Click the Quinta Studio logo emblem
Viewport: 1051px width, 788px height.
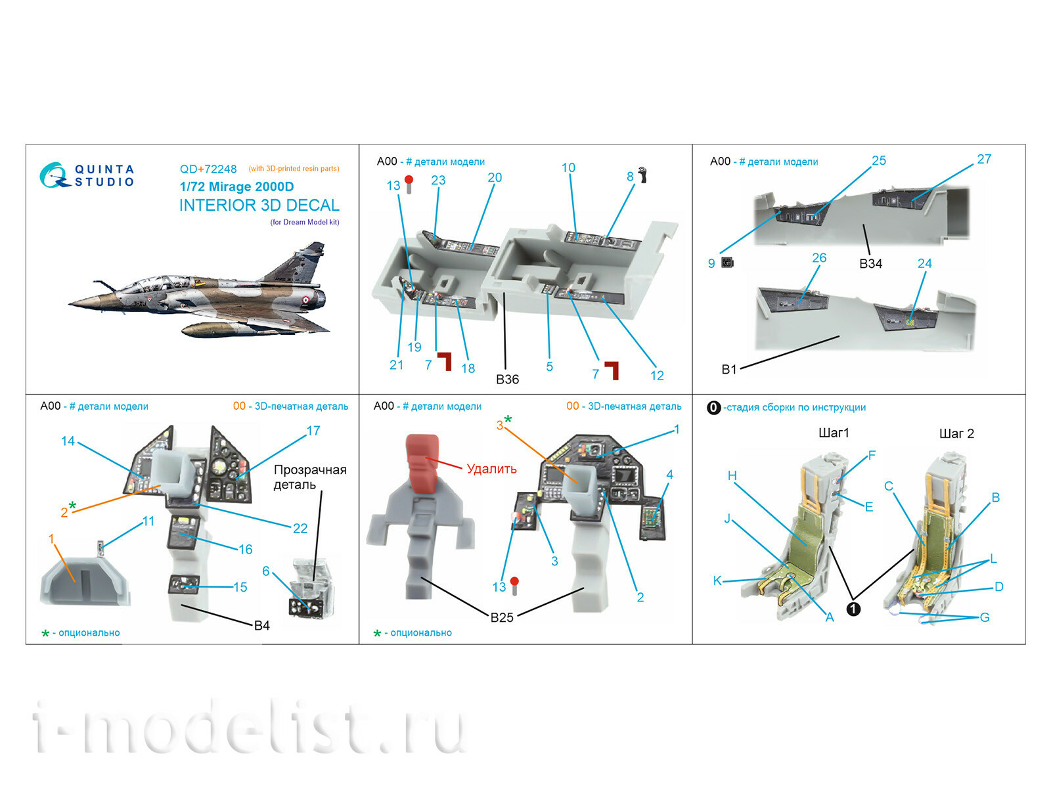pyautogui.click(x=54, y=176)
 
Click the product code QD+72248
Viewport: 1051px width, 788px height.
pyautogui.click(x=208, y=169)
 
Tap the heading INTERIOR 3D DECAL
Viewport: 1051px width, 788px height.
pyautogui.click(x=259, y=206)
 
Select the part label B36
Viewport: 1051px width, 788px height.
pyautogui.click(x=507, y=380)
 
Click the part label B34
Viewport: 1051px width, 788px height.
pyautogui.click(x=870, y=263)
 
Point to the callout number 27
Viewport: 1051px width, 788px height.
pyautogui.click(x=983, y=160)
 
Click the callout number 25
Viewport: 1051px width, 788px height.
pyautogui.click(x=878, y=161)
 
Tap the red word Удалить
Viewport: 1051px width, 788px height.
pyautogui.click(x=491, y=469)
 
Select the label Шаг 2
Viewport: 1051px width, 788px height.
pyautogui.click(x=956, y=433)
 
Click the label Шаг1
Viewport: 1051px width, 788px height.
pyautogui.click(x=834, y=433)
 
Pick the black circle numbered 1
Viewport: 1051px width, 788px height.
pyautogui.click(x=853, y=609)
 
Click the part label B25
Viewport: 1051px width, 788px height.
pyautogui.click(x=502, y=617)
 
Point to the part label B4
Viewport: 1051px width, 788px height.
pyautogui.click(x=261, y=625)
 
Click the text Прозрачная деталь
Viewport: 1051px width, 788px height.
pyautogui.click(x=310, y=477)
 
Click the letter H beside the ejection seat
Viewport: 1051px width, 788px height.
pyautogui.click(x=732, y=475)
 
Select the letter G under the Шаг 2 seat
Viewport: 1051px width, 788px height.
pyautogui.click(x=984, y=617)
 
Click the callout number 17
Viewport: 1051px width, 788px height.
pyautogui.click(x=313, y=431)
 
